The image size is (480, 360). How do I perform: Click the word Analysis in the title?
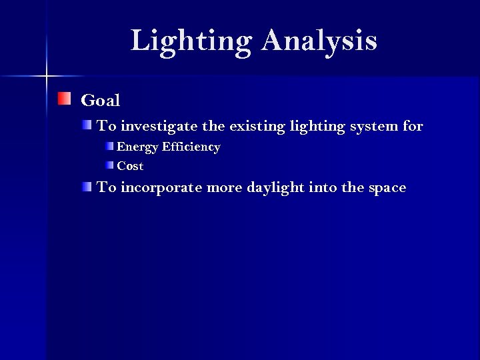[x=319, y=41]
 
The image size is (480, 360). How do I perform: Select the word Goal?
[x=100, y=101]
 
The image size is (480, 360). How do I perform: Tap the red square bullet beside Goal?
[x=63, y=99]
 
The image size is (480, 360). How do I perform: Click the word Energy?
[x=135, y=147]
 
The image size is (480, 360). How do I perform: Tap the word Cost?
[x=130, y=166]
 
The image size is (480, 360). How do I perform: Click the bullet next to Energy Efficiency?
[x=109, y=145]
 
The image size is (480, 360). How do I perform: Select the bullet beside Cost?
[x=109, y=165]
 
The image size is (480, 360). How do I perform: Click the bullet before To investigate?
[x=88, y=125]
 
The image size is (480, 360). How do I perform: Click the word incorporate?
[x=162, y=187]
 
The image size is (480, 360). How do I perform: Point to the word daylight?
[x=275, y=187]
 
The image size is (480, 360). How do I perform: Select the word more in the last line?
[x=225, y=187]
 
